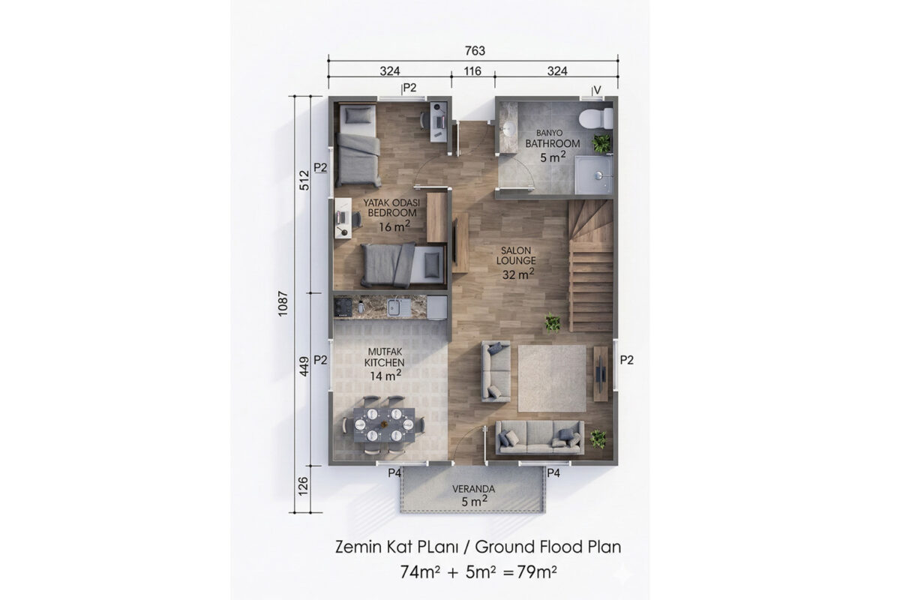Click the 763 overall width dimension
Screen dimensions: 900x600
coord(475,51)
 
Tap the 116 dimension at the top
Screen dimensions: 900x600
coord(472,71)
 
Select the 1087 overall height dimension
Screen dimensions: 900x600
coord(283,304)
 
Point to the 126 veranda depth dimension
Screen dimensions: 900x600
coord(303,486)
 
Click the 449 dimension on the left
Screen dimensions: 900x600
coord(304,367)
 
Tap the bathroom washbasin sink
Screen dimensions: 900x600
coord(508,128)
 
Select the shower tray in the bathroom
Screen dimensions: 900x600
coord(594,175)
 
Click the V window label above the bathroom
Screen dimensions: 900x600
coord(597,90)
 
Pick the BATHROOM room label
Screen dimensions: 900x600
coord(553,143)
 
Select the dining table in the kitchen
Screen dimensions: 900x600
coord(384,424)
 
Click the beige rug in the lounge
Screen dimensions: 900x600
coord(552,378)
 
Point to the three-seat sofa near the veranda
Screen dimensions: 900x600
coord(540,437)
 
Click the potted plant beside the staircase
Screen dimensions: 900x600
coord(553,322)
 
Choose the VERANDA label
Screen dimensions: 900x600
coord(473,489)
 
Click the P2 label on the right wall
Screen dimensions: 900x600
coord(626,360)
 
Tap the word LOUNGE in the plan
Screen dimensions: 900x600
coord(516,260)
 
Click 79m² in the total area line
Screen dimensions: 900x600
coord(537,571)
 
